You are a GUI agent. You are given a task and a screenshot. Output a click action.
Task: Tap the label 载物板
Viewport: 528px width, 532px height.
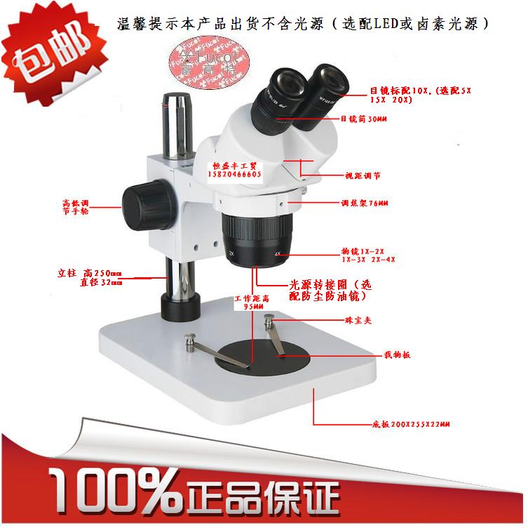click(x=396, y=356)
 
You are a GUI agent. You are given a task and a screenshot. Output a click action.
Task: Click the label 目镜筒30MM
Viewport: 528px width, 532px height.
click(x=364, y=119)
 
